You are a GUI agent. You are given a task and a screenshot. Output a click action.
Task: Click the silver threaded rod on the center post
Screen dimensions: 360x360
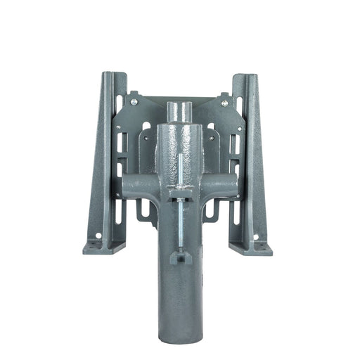tap(180, 218)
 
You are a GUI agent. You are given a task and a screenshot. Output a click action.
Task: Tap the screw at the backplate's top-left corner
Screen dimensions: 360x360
tap(132, 103)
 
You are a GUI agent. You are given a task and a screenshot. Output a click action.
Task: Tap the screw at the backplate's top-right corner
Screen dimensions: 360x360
tap(224, 103)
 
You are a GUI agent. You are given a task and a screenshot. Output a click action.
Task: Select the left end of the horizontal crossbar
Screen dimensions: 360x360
tap(124, 184)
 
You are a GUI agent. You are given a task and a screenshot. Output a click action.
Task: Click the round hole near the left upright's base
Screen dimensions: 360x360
tap(98, 236)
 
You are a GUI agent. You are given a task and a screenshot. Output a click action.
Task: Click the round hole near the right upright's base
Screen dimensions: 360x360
tap(255, 236)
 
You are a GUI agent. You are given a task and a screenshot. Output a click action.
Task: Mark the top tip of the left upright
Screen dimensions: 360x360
tap(107, 73)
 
